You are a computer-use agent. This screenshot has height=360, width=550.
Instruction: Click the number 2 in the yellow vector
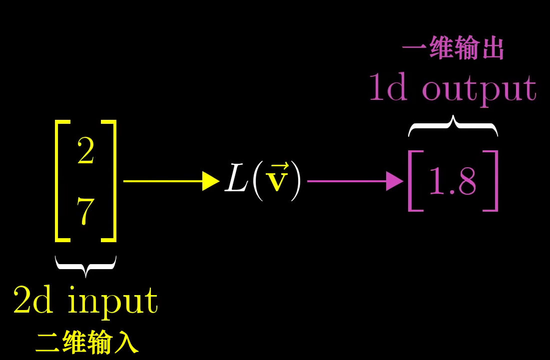[x=85, y=152]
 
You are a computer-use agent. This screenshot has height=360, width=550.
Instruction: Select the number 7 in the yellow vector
[x=85, y=212]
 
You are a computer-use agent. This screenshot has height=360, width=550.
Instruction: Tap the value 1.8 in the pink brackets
[x=452, y=182]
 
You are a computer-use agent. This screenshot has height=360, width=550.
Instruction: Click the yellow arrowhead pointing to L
[x=210, y=181]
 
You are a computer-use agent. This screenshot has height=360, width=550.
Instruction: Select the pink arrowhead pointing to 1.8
[x=394, y=181]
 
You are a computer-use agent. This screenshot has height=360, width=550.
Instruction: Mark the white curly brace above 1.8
[x=453, y=126]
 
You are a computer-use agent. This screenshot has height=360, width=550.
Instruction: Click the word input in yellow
[x=113, y=301]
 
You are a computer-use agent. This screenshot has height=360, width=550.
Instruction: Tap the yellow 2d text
[x=33, y=300]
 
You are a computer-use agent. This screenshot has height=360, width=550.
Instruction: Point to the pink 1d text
[x=388, y=88]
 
